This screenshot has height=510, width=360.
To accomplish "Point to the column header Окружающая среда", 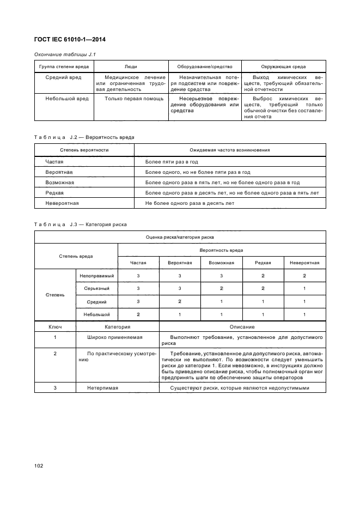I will tap(283, 66).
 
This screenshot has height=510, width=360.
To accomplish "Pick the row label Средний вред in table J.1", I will tap(64, 78).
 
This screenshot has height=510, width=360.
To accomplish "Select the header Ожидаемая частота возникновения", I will tap(229, 150).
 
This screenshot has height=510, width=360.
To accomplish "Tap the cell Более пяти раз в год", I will tap(172, 162).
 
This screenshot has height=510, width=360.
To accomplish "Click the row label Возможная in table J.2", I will tap(60, 183).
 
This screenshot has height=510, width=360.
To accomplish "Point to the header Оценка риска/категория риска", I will tap(180, 238).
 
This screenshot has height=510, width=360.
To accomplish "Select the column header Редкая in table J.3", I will tap(263, 263).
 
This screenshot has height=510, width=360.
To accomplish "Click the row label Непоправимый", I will tap(96, 276).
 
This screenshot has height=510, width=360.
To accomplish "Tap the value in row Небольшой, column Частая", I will tap(138, 314).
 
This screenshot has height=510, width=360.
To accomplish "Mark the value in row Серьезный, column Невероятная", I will tap(304, 288).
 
